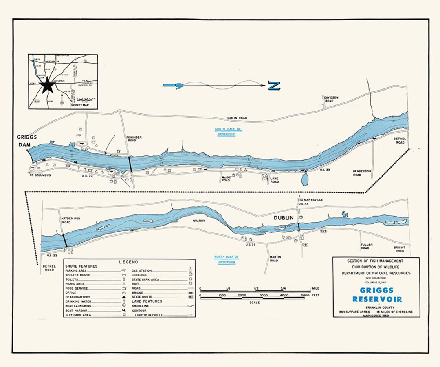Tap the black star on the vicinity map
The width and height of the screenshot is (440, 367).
pyautogui.click(x=47, y=85)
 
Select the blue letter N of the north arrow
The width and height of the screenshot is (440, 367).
pyautogui.click(x=274, y=86)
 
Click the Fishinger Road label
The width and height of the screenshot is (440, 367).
pyautogui.click(x=134, y=140)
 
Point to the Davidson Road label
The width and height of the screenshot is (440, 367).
pyautogui.click(x=331, y=99)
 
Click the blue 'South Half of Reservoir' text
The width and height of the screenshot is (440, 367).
pyautogui.click(x=228, y=132)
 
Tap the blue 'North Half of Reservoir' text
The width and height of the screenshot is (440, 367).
pyautogui.click(x=227, y=259)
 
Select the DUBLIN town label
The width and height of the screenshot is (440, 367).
pyautogui.click(x=283, y=218)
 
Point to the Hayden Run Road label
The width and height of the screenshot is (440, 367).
pyautogui.click(x=71, y=221)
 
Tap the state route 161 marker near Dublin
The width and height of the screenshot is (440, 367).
pyautogui.click(x=304, y=245)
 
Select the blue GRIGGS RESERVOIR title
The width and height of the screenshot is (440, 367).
pyautogui.click(x=377, y=295)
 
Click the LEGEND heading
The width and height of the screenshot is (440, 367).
pyautogui.click(x=128, y=262)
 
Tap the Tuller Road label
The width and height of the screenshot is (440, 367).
pyautogui.click(x=365, y=247)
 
